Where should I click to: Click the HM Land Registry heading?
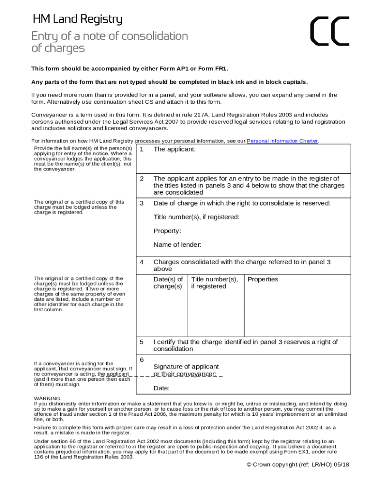[77, 19]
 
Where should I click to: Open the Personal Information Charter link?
[283, 141]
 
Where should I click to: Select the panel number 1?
[141, 149]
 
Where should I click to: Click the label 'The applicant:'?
[174, 149]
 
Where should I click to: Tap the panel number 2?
[141, 179]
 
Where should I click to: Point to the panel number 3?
[141, 203]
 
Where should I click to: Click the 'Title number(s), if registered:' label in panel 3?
[196, 217]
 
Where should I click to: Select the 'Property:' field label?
[167, 231]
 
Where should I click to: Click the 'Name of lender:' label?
[177, 245]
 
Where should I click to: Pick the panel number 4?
[141, 262]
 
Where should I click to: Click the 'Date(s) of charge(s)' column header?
[168, 283]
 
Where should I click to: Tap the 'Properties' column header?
[263, 279]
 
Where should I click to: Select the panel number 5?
[141, 342]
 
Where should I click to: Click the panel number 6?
[141, 360]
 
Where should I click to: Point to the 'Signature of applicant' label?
[186, 367]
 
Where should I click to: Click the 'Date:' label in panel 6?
[162, 388]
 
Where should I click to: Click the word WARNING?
[47, 398]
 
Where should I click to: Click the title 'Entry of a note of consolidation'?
[109, 36]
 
